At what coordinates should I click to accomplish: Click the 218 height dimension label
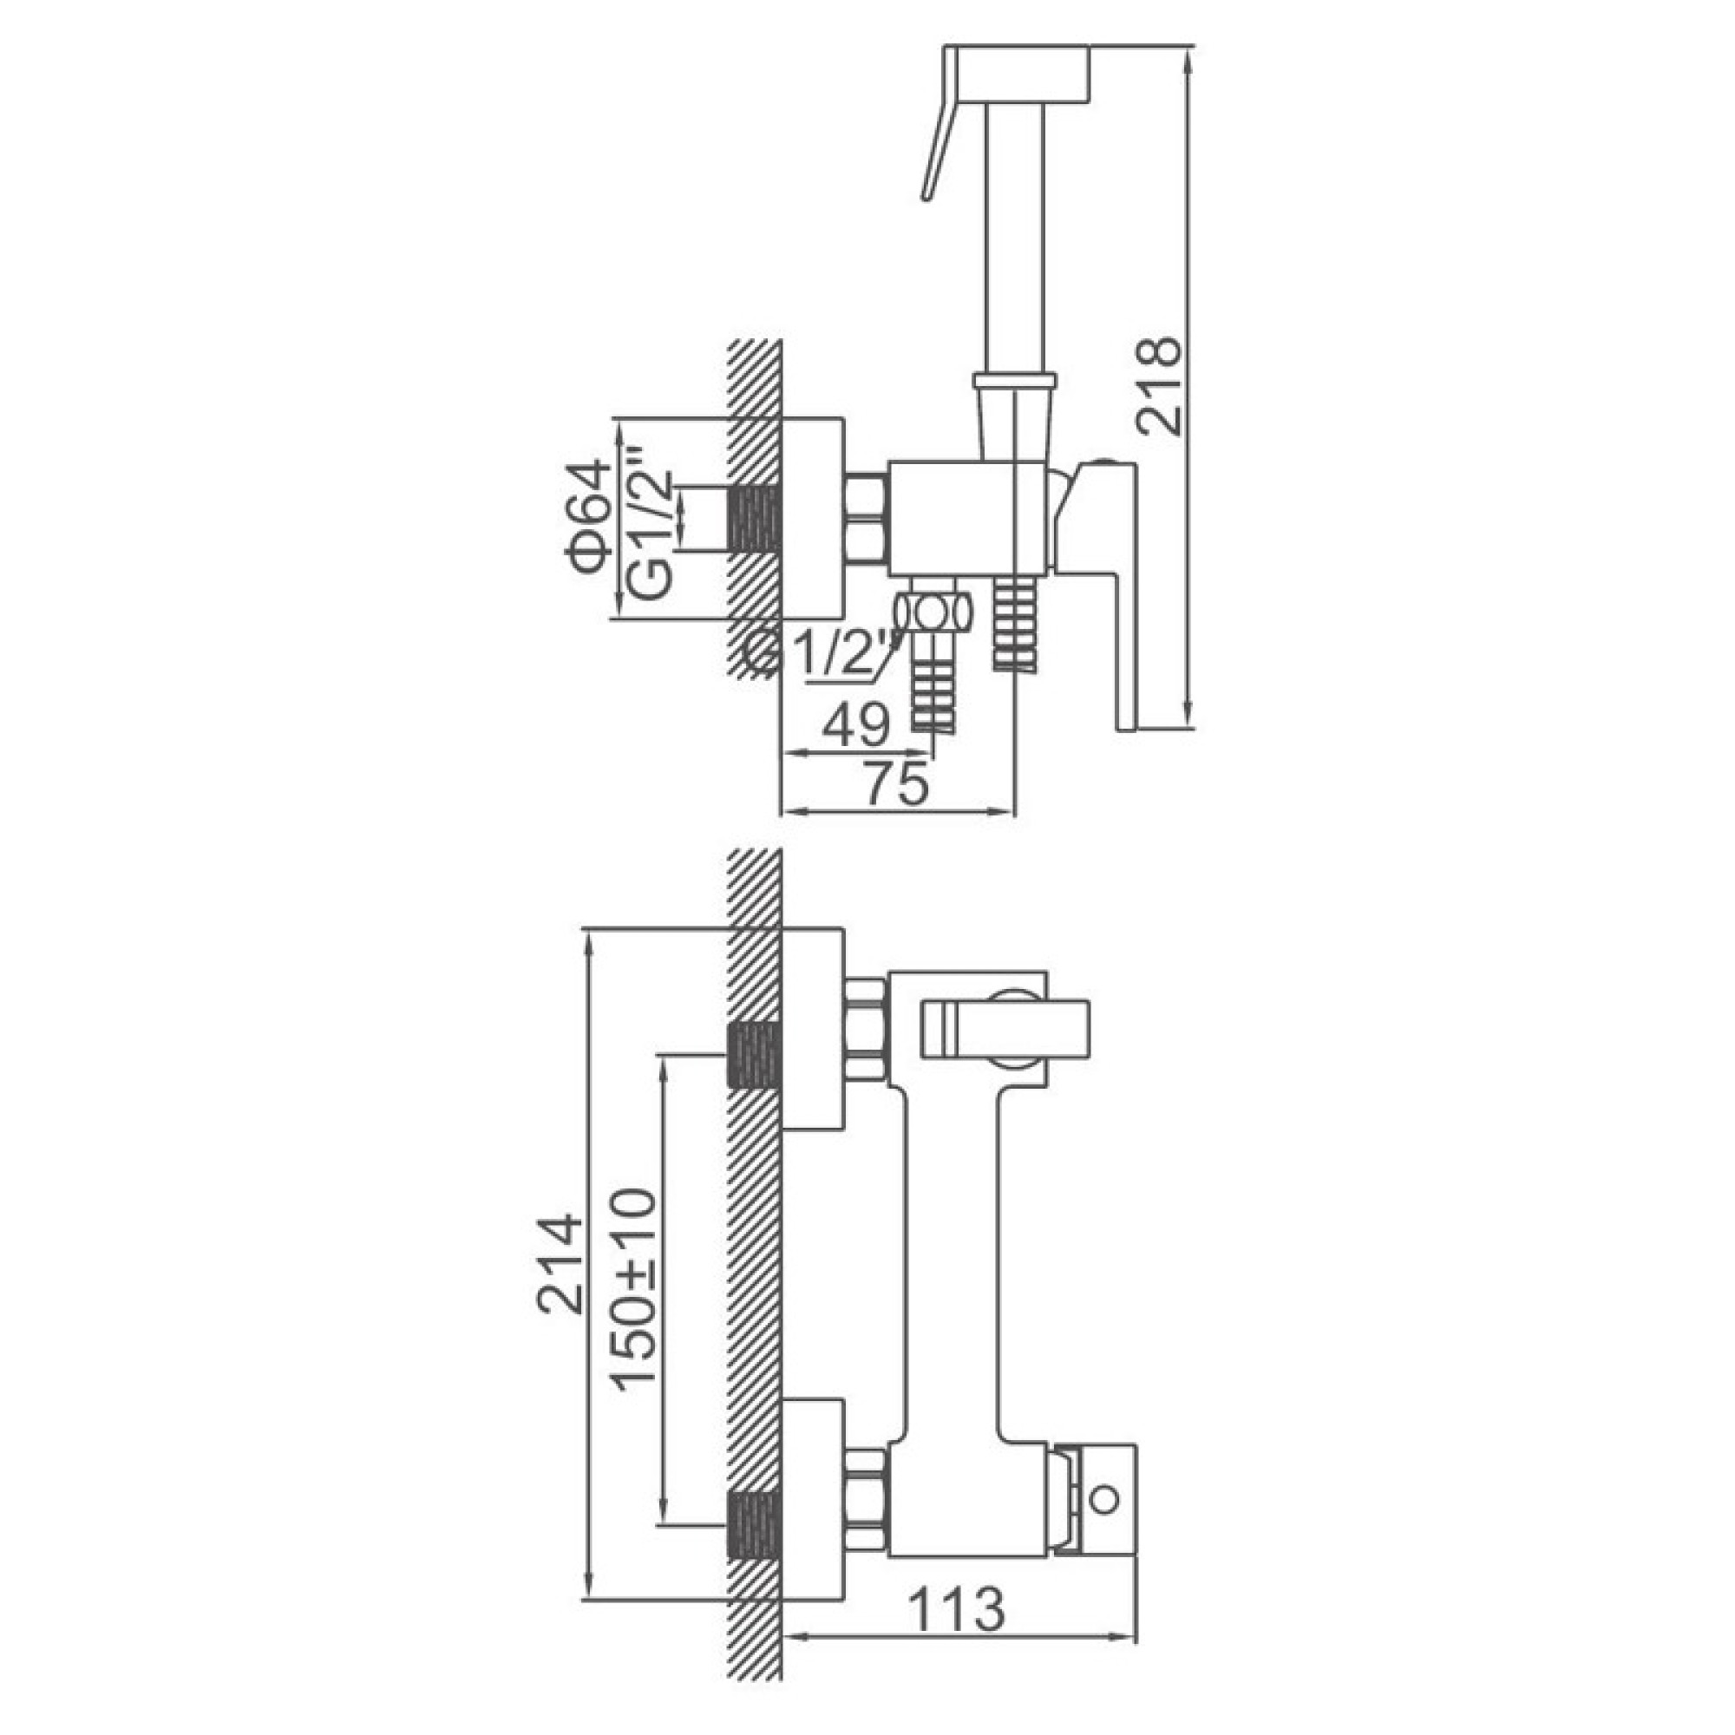(1157, 386)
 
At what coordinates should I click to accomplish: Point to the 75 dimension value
(895, 785)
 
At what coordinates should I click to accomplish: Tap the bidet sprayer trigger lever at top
(939, 126)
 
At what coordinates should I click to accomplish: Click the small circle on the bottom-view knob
(1104, 1500)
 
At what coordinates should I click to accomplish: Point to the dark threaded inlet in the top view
(755, 518)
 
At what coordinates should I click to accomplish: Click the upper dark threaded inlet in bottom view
(755, 1055)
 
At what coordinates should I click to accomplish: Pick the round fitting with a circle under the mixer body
(935, 614)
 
